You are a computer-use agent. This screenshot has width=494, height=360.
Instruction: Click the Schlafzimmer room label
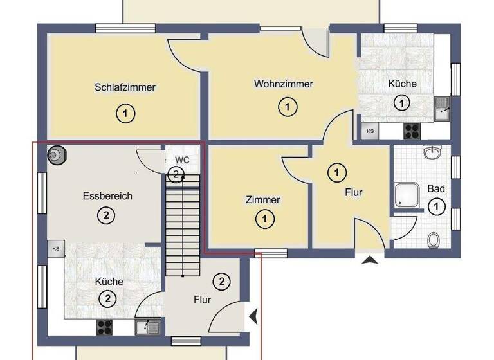pyautogui.click(x=125, y=87)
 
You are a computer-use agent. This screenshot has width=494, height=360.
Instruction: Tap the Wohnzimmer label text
pyautogui.click(x=283, y=84)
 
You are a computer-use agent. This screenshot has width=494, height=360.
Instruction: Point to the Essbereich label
pyautogui.click(x=107, y=196)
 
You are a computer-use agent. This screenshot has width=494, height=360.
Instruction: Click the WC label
pyautogui.click(x=182, y=159)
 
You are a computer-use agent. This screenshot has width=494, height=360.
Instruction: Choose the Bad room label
pyautogui.click(x=436, y=190)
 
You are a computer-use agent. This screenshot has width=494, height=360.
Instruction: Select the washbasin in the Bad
pyautogui.click(x=432, y=152)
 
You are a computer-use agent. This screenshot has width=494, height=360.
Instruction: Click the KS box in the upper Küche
pyautogui.click(x=370, y=131)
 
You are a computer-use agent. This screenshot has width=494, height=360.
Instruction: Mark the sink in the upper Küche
pyautogui.click(x=442, y=109)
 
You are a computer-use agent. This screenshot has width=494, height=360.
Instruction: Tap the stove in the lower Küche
pyautogui.click(x=104, y=327)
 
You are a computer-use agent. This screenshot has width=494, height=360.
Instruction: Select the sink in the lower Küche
pyautogui.click(x=146, y=326)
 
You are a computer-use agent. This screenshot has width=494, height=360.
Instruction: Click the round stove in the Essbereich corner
pyautogui.click(x=57, y=156)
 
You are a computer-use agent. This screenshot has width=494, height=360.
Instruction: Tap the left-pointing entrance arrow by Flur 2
pyautogui.click(x=254, y=316)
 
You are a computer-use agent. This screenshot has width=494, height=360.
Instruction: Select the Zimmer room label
pyautogui.click(x=262, y=200)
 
